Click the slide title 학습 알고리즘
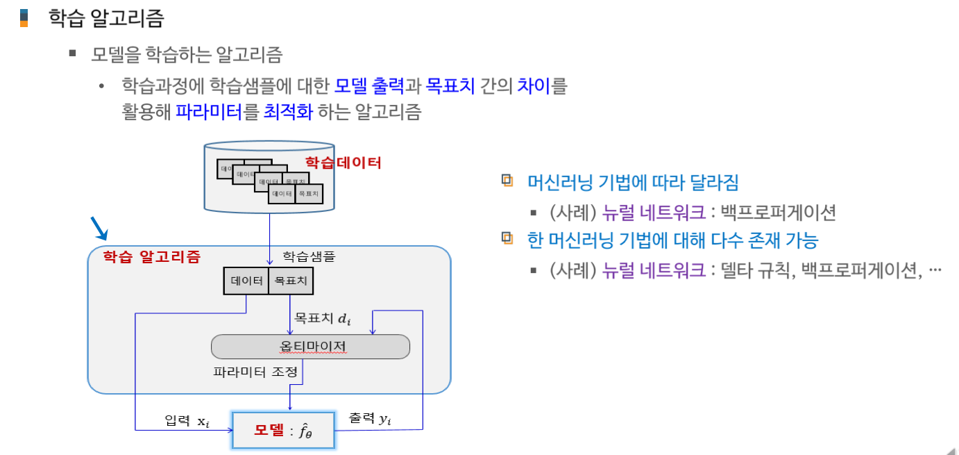[x=105, y=19]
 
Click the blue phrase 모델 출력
[x=368, y=87]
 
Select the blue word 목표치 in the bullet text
[x=450, y=87]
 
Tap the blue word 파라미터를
[x=217, y=112]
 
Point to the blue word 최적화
[x=289, y=112]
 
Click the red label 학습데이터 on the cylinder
[x=343, y=163]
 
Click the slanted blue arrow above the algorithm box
[x=100, y=227]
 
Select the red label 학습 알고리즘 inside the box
[x=151, y=257]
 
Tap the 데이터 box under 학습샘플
[x=246, y=281]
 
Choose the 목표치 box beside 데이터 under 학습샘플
[x=290, y=281]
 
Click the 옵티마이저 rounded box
[x=310, y=347]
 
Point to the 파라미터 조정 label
[x=255, y=372]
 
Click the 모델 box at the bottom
[x=284, y=430]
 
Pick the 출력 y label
[x=369, y=419]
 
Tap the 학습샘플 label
[x=309, y=257]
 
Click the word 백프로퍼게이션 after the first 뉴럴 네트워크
[x=779, y=212]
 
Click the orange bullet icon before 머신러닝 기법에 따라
[x=508, y=181]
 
